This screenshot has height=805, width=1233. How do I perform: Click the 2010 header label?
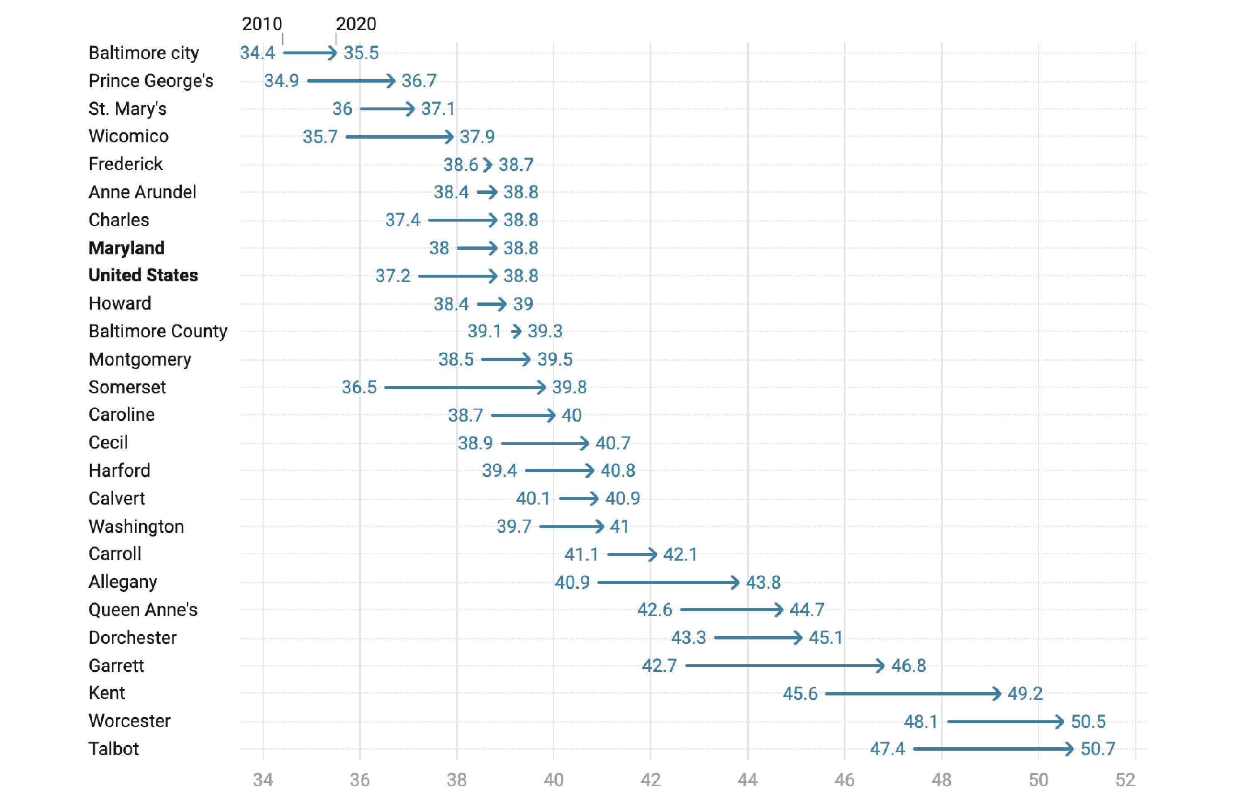pos(262,24)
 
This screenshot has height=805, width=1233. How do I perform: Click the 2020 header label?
pos(356,24)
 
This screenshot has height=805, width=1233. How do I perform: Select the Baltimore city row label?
pos(144,53)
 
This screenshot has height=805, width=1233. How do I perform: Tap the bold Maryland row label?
pos(127,248)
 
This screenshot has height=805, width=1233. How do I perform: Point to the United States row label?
pos(143,276)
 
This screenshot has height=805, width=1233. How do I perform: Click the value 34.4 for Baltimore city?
pos(257,53)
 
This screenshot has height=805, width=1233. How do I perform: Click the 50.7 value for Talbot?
pos(1098,749)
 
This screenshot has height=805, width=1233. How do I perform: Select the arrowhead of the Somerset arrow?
pos(541,388)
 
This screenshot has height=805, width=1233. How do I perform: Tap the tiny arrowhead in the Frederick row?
pos(488,165)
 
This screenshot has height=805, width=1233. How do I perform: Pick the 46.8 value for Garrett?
pos(909,666)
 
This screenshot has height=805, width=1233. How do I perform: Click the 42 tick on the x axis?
pos(651,780)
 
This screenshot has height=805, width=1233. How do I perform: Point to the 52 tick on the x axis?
pos(1125,780)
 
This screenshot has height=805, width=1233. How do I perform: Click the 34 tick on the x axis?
pos(263,780)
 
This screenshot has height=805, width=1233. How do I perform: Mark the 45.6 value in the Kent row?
pos(800,694)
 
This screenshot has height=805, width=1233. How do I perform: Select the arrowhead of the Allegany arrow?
pos(735,582)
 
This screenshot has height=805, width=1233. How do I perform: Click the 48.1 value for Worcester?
pos(921,722)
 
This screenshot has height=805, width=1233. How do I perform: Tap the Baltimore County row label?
pos(158,332)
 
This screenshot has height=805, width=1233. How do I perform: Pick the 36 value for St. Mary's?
pos(342,109)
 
